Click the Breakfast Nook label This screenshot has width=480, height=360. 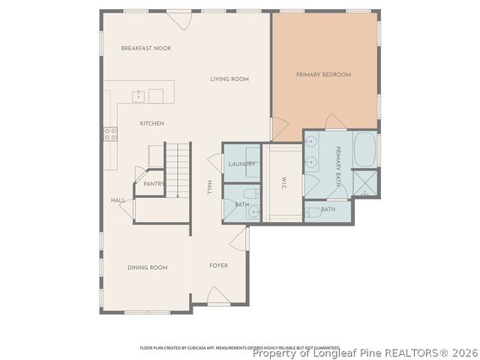146,48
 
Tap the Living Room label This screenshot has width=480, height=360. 229,79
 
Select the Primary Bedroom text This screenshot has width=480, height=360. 323,74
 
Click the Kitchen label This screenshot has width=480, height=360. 151,123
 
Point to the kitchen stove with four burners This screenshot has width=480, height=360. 111,134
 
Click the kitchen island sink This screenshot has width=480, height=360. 139,95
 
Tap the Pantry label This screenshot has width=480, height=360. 154,183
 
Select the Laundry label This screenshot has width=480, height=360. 241,163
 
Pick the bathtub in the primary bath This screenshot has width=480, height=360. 365,150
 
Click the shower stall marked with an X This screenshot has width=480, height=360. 365,182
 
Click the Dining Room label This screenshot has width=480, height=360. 147,267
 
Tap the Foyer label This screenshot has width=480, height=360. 218,265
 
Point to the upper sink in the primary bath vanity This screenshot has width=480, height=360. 311,142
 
